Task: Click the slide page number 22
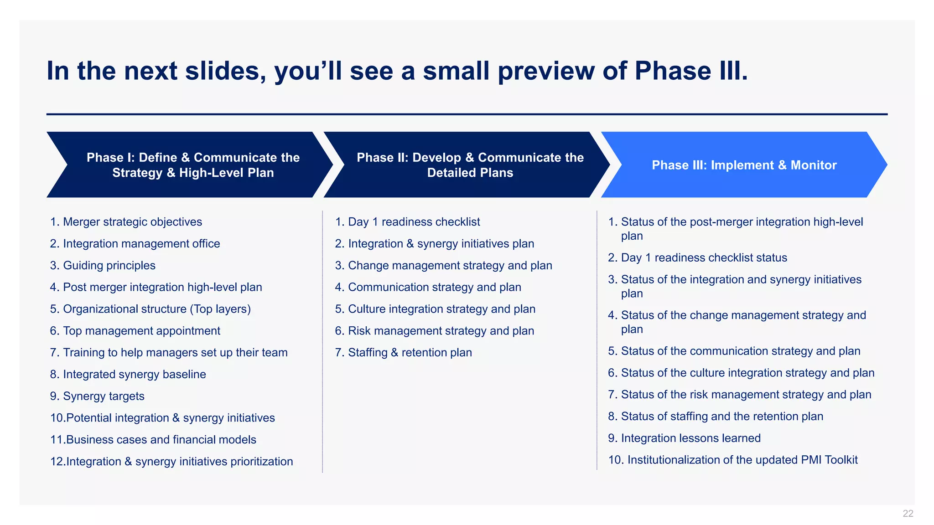click(908, 514)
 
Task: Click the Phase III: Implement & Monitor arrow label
click(744, 165)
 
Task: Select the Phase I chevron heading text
click(193, 165)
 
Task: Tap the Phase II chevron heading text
click(470, 165)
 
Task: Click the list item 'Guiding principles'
click(109, 265)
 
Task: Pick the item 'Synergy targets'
click(104, 396)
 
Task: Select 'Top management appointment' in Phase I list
click(141, 331)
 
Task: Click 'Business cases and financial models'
click(161, 440)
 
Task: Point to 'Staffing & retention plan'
click(410, 353)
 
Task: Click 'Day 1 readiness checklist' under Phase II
click(414, 222)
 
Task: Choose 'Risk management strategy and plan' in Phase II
click(441, 331)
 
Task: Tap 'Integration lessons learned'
click(690, 438)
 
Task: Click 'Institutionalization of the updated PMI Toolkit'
click(742, 460)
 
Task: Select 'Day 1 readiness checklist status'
click(704, 258)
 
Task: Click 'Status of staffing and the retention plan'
click(722, 417)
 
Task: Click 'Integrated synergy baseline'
click(134, 374)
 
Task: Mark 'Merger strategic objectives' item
click(132, 222)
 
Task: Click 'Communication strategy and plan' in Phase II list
click(434, 287)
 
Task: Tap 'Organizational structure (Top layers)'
click(156, 309)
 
